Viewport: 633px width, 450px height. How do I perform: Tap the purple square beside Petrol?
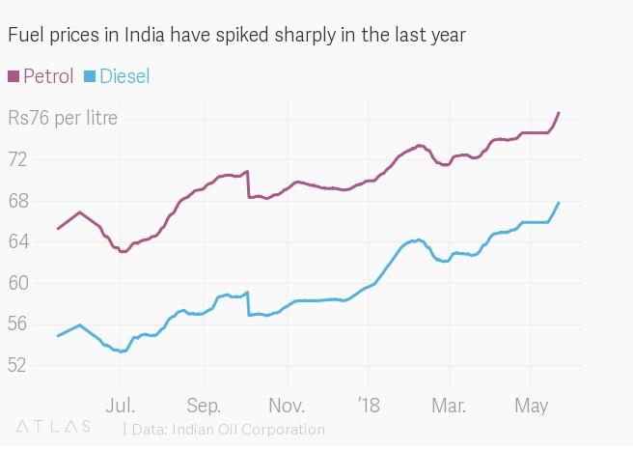[x=14, y=76]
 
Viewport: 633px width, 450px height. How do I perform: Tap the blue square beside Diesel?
[x=90, y=76]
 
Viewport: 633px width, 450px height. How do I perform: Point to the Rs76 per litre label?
[x=63, y=119]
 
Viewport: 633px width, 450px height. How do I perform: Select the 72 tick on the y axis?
[x=18, y=159]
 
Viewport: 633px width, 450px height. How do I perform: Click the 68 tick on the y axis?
[x=18, y=201]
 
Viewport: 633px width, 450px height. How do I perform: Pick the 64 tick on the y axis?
[x=18, y=242]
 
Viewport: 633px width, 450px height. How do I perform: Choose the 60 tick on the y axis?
[x=18, y=283]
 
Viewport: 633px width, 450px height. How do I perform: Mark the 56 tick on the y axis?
[x=18, y=324]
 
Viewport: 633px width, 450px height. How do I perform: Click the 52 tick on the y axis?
[x=18, y=365]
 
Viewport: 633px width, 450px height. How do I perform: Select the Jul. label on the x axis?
[x=121, y=404]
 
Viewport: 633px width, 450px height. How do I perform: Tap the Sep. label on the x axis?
[x=204, y=404]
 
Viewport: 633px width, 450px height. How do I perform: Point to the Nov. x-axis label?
[x=288, y=404]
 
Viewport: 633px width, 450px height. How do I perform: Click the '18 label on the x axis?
[x=368, y=404]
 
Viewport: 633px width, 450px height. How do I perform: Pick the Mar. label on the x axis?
[x=449, y=404]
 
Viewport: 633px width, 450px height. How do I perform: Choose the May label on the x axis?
[x=532, y=404]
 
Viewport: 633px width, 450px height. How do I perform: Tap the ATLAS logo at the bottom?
[x=53, y=426]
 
